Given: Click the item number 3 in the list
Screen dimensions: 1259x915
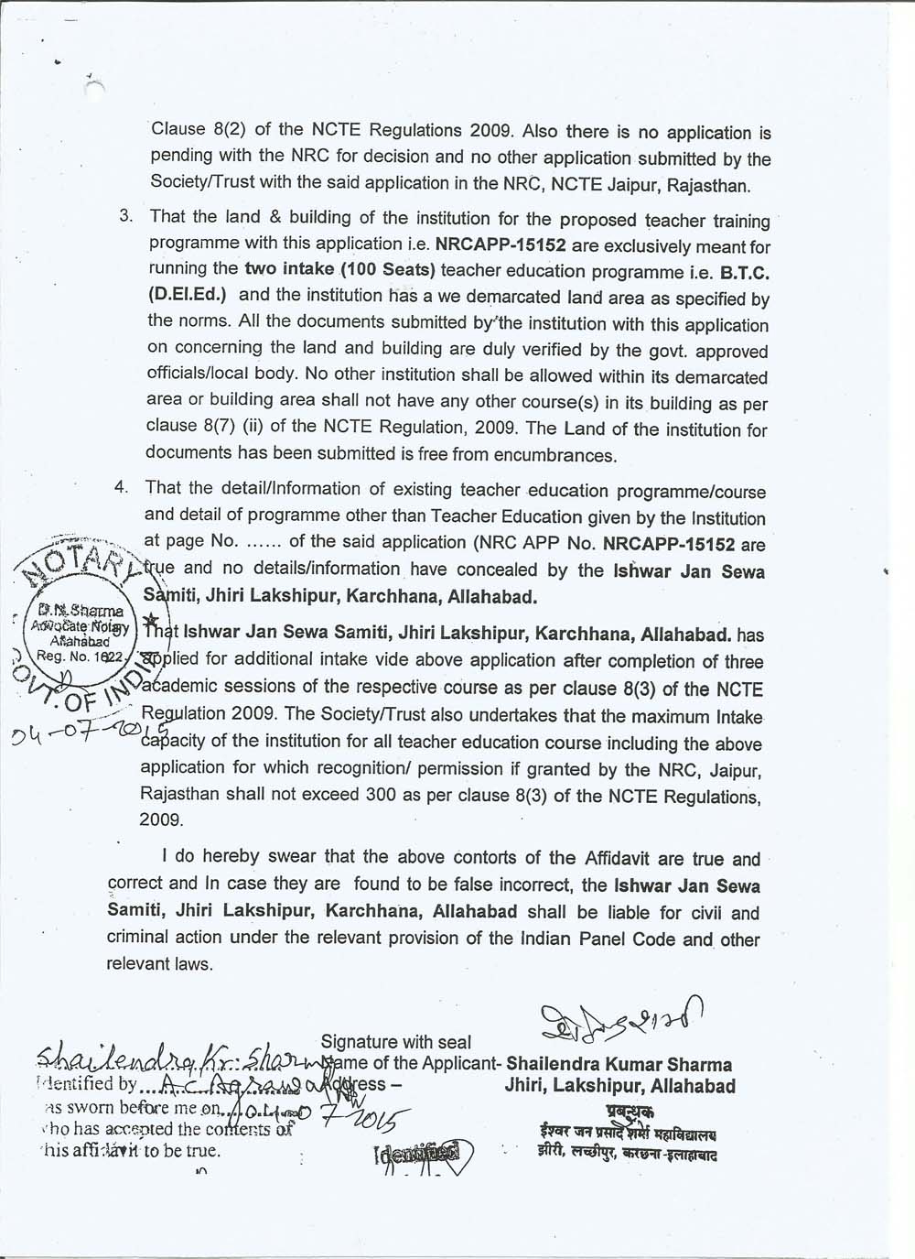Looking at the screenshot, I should tap(126, 217).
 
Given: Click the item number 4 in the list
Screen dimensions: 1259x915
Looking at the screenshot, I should tap(121, 487).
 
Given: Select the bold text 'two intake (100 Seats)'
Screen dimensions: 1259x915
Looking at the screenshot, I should tap(339, 271).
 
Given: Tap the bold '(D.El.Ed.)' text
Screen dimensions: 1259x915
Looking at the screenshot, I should tap(188, 296).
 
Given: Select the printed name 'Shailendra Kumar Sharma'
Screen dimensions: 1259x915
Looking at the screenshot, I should tap(619, 1065).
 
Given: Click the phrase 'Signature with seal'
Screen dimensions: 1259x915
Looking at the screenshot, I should tap(396, 1042).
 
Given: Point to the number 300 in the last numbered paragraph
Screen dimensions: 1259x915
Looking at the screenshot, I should tap(380, 795).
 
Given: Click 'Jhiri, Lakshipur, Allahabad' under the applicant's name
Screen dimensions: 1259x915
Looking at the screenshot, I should tap(619, 1087).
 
